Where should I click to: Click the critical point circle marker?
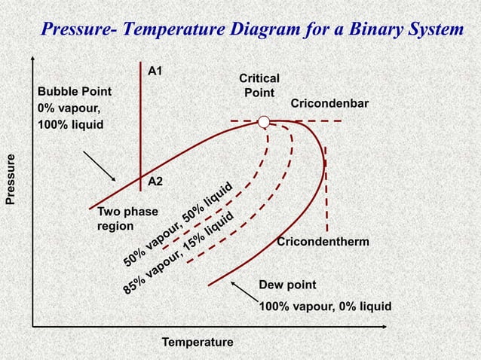[263, 122]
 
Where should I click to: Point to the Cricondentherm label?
[323, 242]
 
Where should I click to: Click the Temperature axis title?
[198, 343]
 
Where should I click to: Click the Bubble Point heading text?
[75, 91]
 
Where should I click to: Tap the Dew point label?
[287, 285]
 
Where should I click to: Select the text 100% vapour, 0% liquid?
[325, 307]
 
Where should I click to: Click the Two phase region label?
[117, 218]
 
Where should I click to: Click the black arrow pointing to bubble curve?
[98, 165]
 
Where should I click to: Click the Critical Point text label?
[259, 85]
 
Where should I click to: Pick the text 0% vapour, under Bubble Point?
[69, 108]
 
